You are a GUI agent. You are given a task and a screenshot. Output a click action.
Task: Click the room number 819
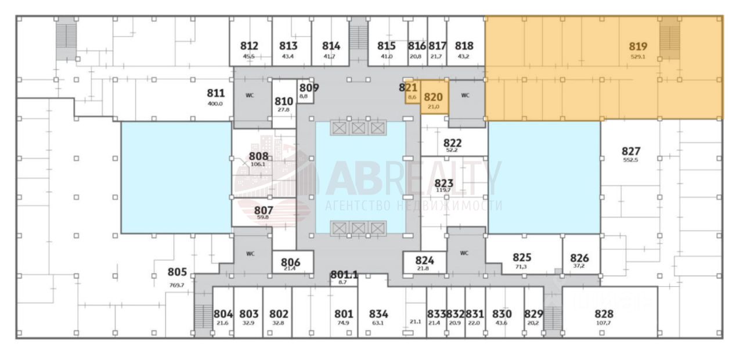coord(638,46)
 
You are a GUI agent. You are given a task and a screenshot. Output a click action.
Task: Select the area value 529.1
coord(638,57)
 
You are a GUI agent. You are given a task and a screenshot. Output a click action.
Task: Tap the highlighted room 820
coord(433,98)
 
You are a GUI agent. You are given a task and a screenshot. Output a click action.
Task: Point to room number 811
coord(215,93)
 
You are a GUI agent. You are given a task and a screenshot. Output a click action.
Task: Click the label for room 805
coord(177,272)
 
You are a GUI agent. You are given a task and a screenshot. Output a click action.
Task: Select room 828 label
coord(604,314)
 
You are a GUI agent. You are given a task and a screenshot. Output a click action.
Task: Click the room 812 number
coord(249,46)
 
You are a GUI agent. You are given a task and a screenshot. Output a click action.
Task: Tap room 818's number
coord(464,46)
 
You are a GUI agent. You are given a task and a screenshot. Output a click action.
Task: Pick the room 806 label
coord(290,262)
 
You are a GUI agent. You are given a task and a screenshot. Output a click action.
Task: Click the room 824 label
coord(424,261)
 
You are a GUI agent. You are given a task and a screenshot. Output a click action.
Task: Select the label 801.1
coord(344,275)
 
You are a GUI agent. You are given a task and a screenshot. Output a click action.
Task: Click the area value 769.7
coord(177,285)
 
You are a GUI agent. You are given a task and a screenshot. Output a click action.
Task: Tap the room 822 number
coord(452,143)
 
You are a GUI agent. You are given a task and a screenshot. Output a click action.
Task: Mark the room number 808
coord(258,156)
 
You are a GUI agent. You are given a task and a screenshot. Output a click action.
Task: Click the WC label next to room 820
coord(465,96)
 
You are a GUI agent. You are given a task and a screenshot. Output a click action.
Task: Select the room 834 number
coord(378,314)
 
